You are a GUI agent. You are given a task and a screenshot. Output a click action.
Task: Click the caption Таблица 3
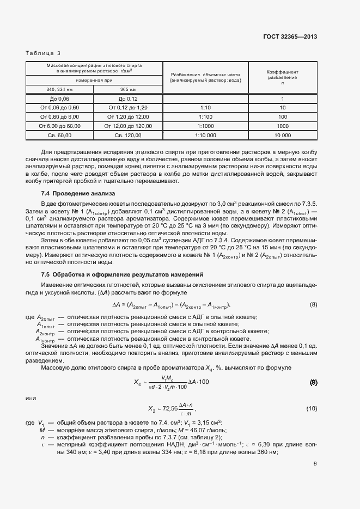coord(44,53)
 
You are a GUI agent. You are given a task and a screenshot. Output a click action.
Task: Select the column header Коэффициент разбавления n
coord(282,78)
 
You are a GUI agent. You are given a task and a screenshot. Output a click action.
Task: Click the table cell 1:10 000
coord(205,134)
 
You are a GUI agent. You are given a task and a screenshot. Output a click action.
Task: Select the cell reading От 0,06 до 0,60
coord(59,108)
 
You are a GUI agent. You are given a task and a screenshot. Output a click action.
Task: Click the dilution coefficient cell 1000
coord(282,126)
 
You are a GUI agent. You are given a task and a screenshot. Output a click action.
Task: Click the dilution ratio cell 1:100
coord(205,117)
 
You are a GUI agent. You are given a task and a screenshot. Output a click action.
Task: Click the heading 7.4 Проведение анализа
coord(75,194)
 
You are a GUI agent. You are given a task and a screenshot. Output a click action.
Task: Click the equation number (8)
coord(313,304)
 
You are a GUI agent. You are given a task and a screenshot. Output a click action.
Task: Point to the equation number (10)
coord(312,408)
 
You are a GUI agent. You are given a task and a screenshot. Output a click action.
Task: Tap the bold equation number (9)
coord(313,383)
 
